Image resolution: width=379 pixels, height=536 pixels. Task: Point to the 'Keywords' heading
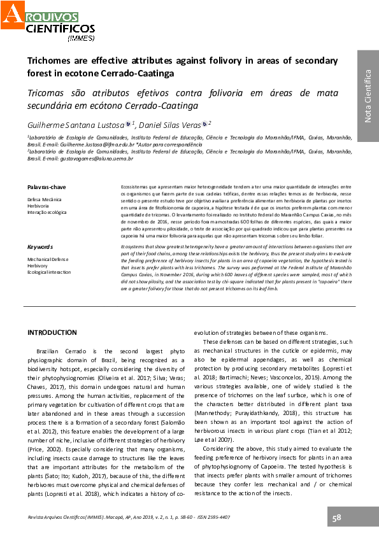39,246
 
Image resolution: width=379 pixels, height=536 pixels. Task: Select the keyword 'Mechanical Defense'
48,260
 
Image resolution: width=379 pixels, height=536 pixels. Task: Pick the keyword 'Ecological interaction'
50,272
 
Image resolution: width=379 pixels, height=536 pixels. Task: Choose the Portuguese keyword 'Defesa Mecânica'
45,200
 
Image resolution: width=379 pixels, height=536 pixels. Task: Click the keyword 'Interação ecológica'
46,212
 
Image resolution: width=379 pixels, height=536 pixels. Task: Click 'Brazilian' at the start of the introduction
52,351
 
